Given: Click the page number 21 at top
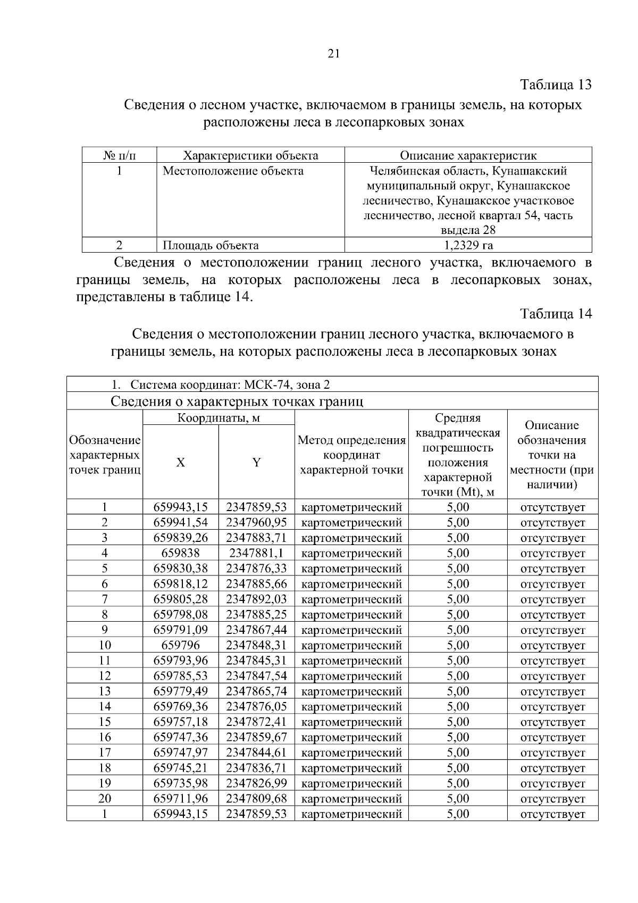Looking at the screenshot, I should coord(334,54).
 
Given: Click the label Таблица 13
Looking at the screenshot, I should coord(556,85).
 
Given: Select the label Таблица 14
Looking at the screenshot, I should coord(556,314).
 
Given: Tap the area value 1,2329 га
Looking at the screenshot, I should coord(468,245).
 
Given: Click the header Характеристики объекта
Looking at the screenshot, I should coord(250,155).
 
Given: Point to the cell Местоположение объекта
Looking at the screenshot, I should coord(233,171).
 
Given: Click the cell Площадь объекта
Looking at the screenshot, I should coord(211,245).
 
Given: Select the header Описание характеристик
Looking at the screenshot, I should coord(468,155).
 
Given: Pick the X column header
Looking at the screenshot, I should coord(181,462).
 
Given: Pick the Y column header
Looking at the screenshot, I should coord(256,462).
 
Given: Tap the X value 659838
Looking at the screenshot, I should coord(181,553).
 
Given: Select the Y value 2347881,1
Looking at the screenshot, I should coord(256,553).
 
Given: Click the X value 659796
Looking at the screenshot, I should coord(181,645).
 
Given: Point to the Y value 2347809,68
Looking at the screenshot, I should coord(256,799).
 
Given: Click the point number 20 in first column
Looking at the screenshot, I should coord(105,799).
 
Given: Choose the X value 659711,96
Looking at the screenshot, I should coord(181,799).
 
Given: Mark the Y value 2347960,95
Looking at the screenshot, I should coord(256,522).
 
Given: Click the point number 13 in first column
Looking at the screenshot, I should coord(105,691).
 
